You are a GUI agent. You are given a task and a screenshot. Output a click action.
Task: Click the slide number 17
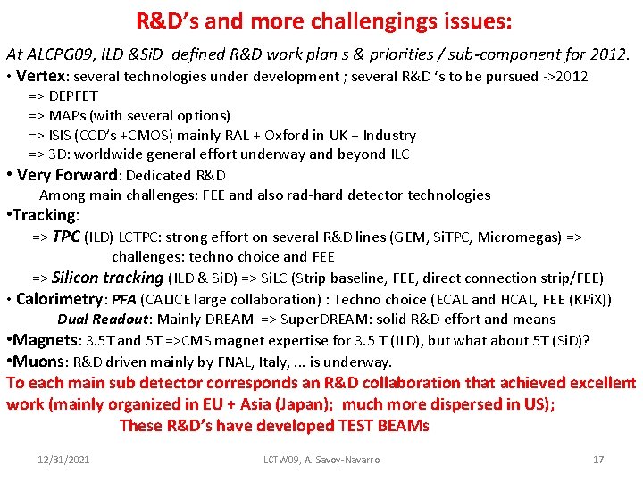[x=598, y=460]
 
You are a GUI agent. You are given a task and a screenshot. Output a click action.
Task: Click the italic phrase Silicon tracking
[x=108, y=278]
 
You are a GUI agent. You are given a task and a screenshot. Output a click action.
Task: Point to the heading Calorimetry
[x=60, y=299]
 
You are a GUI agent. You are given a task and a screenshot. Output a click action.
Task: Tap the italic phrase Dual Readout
[x=101, y=320]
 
